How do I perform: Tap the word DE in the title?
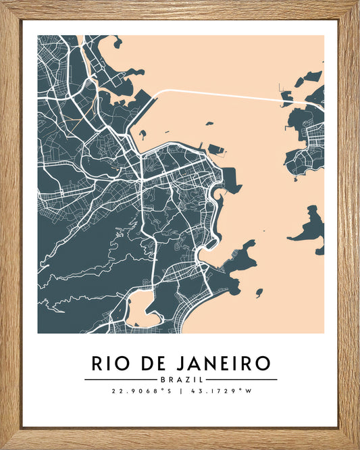pyautogui.click(x=152, y=364)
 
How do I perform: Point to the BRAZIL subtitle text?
pyautogui.click(x=180, y=379)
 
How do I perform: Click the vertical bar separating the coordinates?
pyautogui.click(x=180, y=391)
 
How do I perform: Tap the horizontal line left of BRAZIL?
pyautogui.click(x=121, y=379)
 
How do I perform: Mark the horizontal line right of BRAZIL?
pyautogui.click(x=240, y=379)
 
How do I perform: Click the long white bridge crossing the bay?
pyautogui.click(x=223, y=94)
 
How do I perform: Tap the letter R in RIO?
pyautogui.click(x=98, y=364)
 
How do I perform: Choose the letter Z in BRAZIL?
pyautogui.click(x=184, y=379)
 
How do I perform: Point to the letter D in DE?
pyautogui.click(x=146, y=364)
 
